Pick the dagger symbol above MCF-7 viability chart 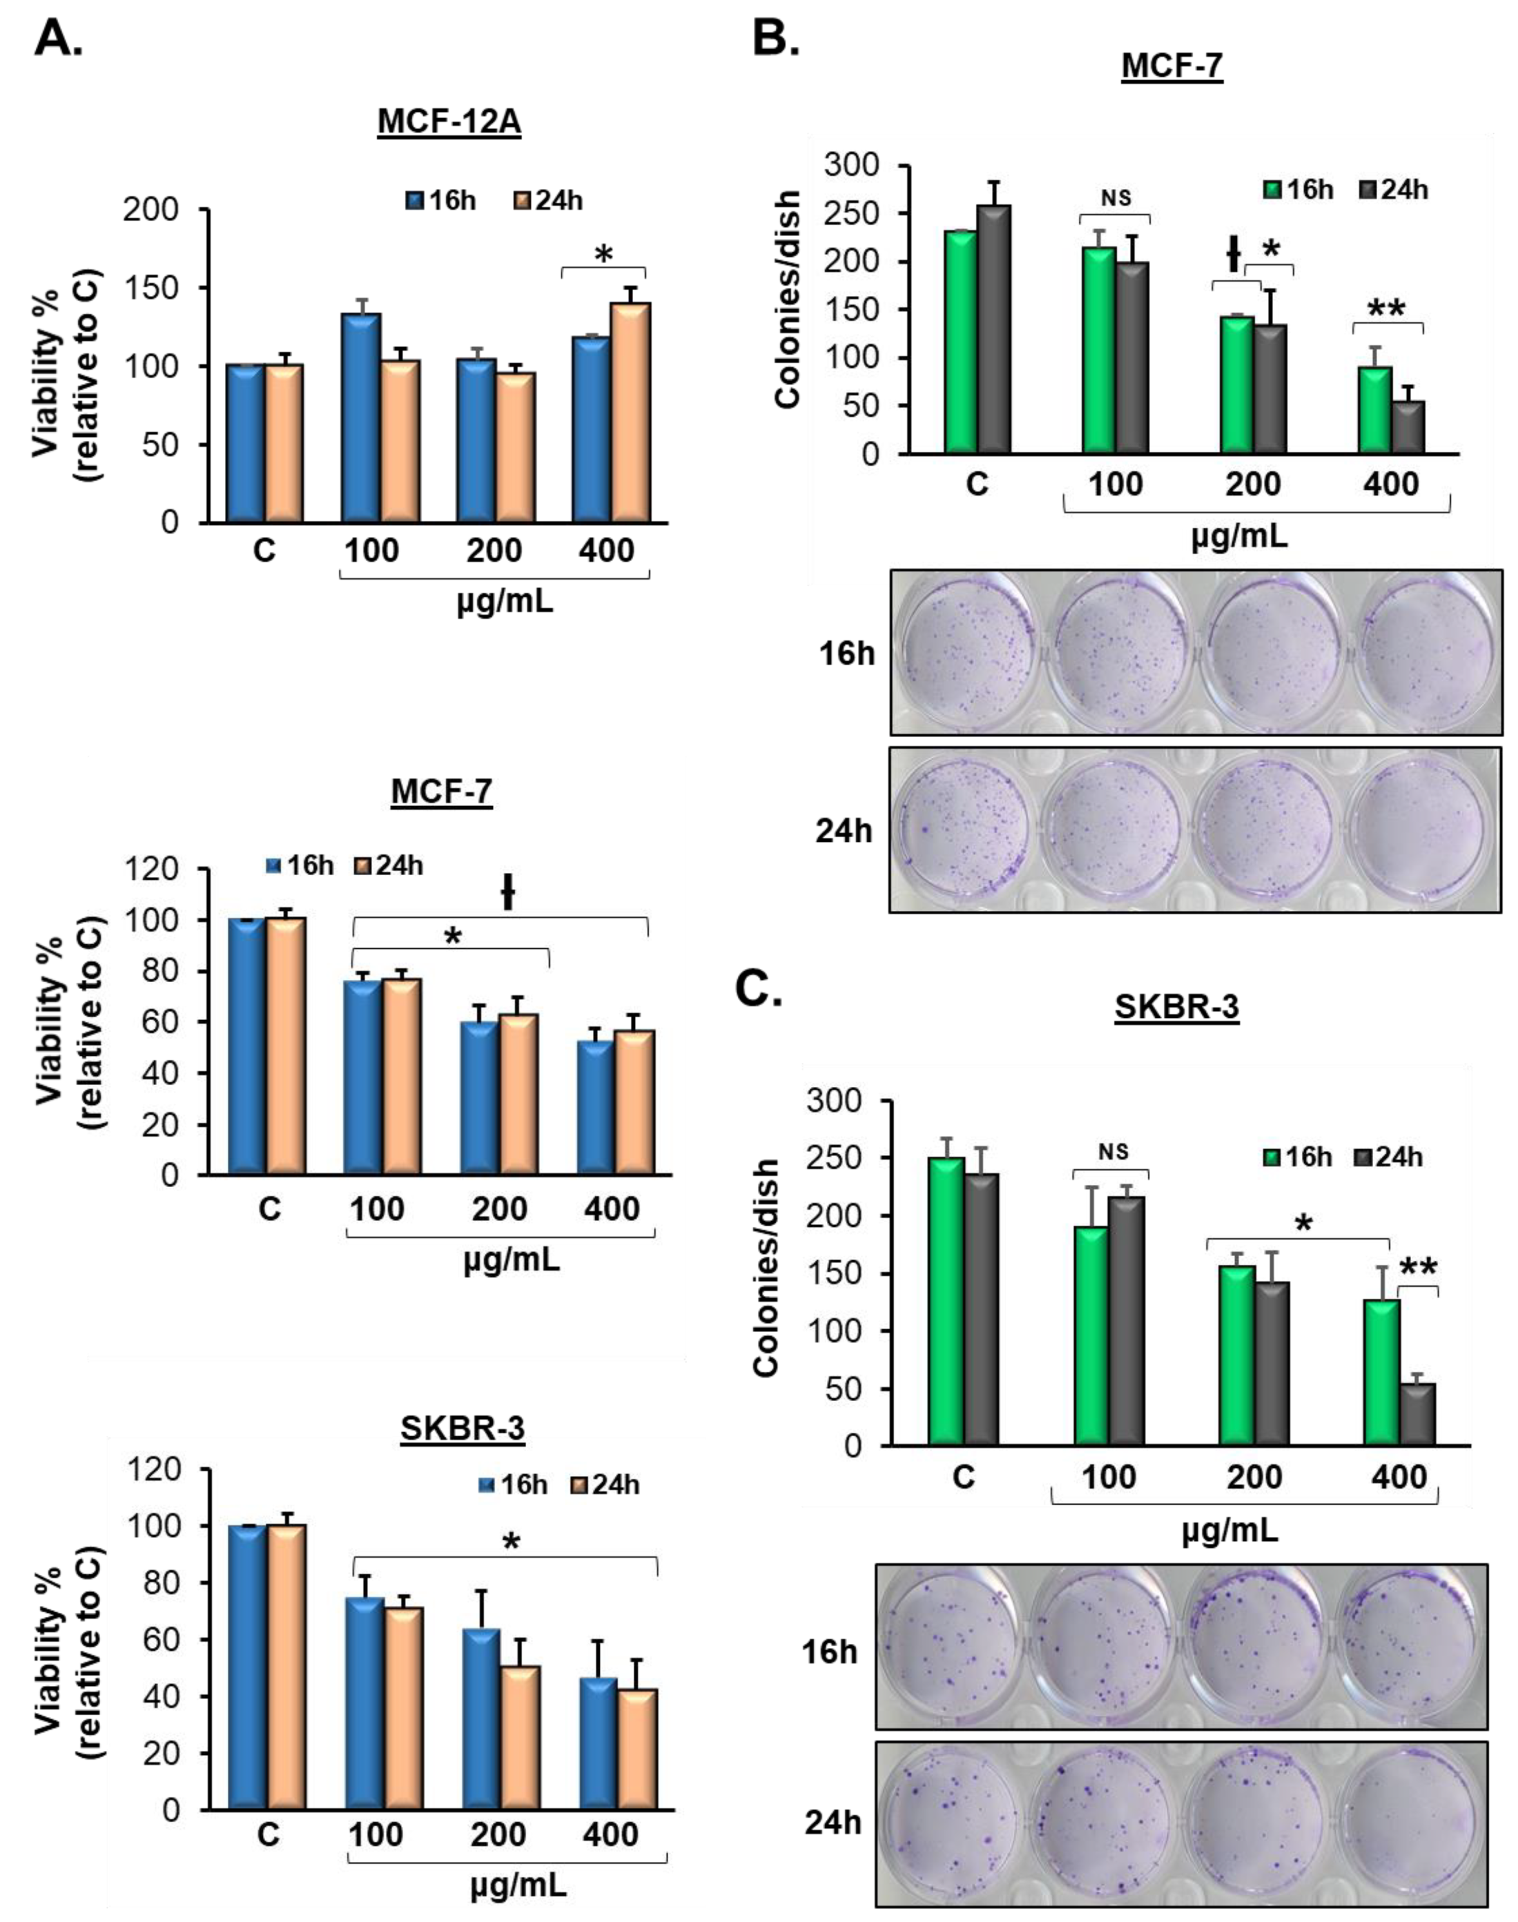[x=507, y=892]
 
